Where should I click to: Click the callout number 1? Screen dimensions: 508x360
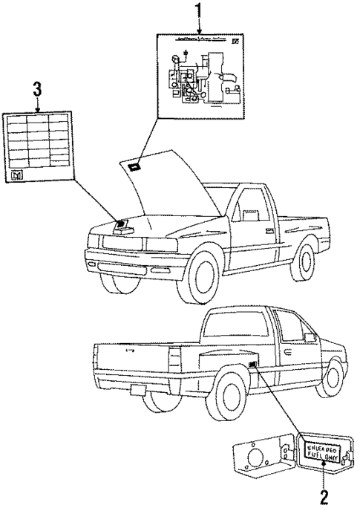tap(197, 10)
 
